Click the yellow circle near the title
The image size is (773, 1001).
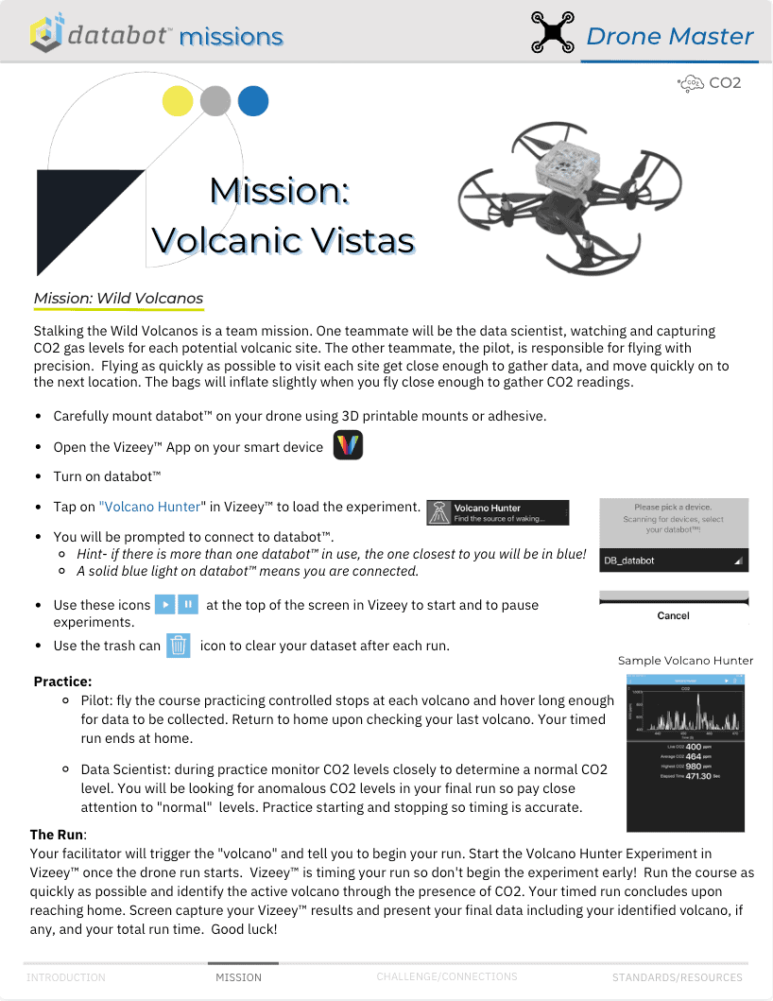pos(178,101)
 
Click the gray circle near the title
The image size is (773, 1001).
pos(215,101)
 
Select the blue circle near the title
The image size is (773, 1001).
pos(253,101)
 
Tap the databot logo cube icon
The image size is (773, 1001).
pos(46,33)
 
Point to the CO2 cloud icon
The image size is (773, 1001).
pos(692,83)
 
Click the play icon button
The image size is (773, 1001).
pos(165,604)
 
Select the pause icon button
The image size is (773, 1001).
pos(188,604)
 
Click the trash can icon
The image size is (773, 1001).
pos(179,646)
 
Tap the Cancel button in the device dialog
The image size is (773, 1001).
pos(673,615)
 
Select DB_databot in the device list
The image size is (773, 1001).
pos(629,561)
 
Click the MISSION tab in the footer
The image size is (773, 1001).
pos(239,976)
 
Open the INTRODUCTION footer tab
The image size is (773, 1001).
pos(66,976)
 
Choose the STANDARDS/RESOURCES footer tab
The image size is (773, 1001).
pos(677,976)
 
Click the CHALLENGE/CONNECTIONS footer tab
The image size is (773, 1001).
pos(447,975)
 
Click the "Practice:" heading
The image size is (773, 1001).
pos(62,681)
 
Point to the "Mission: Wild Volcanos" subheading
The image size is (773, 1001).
pos(118,299)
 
